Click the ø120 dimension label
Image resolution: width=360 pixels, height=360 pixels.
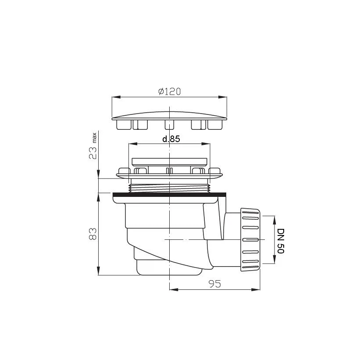tap(169, 92)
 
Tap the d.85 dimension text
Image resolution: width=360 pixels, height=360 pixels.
tap(171, 139)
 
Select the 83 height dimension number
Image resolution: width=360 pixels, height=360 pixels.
tap(93, 234)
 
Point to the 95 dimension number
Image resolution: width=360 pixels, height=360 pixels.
tap(215, 284)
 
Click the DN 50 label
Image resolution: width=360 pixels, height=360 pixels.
tap(281, 241)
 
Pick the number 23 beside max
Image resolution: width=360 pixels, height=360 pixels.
tap(93, 153)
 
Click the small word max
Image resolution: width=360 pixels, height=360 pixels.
tap(94, 138)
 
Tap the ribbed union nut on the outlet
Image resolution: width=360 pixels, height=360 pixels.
tap(250, 240)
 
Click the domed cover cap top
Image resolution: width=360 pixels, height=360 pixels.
tap(169, 115)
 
